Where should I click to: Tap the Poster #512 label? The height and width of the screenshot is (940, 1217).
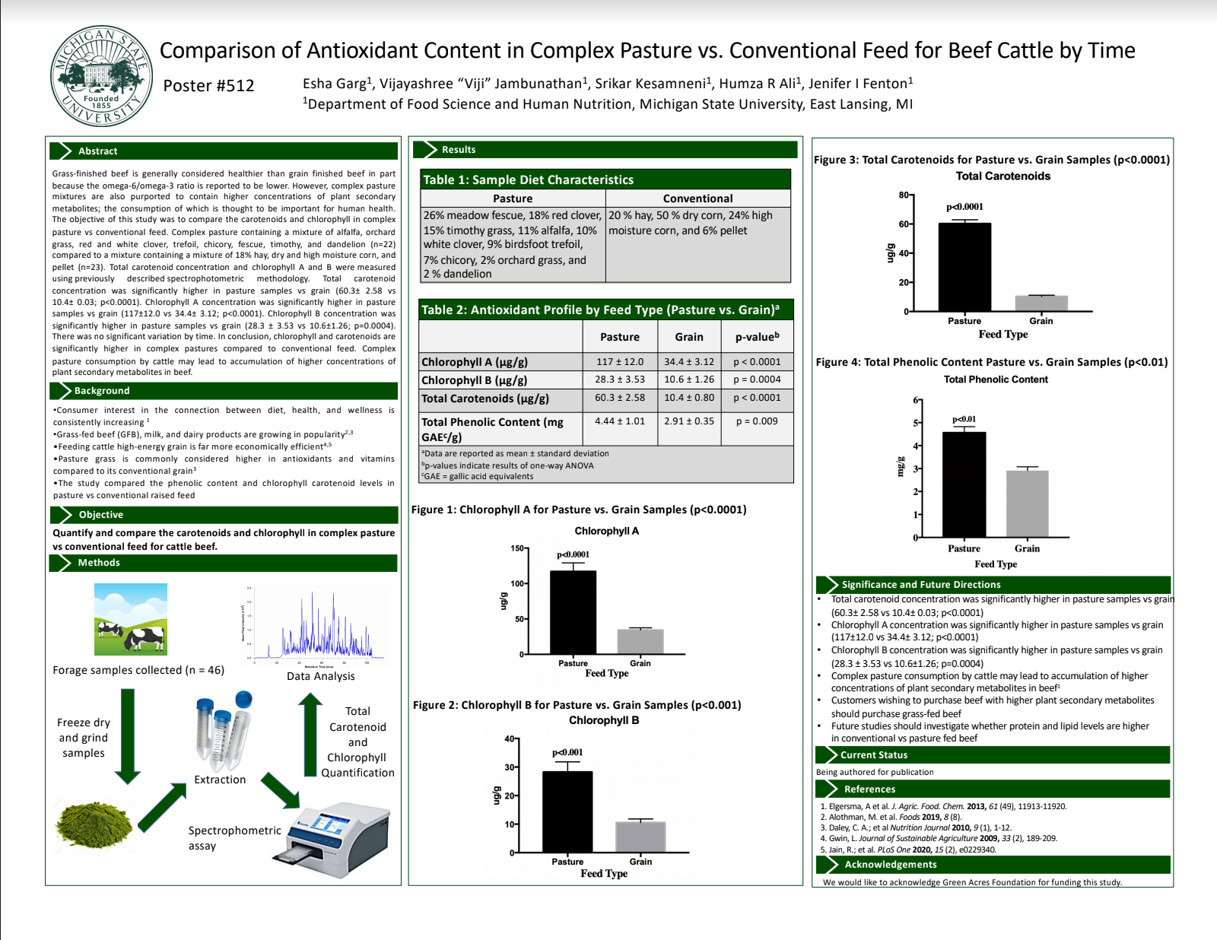point(208,86)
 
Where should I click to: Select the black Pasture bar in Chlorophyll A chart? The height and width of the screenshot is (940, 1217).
point(573,612)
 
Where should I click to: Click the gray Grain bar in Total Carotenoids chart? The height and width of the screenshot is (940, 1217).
point(1041,303)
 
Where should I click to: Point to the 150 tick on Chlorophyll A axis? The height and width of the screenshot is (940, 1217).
point(517,548)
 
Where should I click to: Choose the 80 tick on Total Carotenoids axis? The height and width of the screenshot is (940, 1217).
point(904,195)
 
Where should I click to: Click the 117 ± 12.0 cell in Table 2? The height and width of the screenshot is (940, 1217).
point(619,362)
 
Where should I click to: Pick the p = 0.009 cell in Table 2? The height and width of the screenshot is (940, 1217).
point(756,421)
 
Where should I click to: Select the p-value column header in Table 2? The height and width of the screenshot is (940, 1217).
point(756,337)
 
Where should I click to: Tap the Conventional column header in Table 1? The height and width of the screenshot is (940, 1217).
point(697,198)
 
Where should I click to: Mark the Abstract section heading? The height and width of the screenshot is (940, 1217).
point(97,151)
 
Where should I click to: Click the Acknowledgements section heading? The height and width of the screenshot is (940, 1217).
point(890,865)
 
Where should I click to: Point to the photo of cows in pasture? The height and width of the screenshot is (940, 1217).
point(130,619)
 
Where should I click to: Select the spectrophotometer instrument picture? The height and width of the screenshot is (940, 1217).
point(335,834)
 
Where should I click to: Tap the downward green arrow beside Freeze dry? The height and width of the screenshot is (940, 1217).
point(127,735)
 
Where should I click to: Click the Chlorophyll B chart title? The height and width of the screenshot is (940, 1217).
point(604,720)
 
